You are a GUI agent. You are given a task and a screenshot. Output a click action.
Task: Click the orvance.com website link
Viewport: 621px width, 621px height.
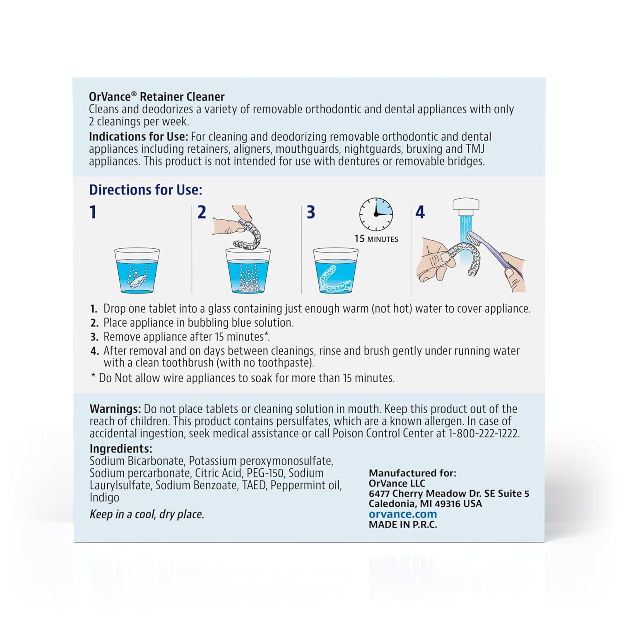point(402,514)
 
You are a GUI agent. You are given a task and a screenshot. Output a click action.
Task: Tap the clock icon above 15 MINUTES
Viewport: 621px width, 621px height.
point(376,214)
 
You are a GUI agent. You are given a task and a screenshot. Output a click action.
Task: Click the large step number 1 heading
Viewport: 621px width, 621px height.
point(93,212)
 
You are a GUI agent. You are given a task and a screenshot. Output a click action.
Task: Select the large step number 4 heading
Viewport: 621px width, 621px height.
point(420,212)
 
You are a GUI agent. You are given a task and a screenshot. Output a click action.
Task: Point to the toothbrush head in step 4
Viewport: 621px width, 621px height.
point(473,239)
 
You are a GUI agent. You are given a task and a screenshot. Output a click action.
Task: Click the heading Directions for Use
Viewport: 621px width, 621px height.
point(146,190)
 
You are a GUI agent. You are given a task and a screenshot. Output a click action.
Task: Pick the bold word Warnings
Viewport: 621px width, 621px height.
point(115,409)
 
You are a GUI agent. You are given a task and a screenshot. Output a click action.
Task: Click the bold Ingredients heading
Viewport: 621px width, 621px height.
point(120,449)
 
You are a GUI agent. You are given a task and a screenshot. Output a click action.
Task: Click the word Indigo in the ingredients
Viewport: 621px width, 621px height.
point(104,498)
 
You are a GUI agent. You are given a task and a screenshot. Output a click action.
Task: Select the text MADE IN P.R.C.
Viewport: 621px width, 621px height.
point(403,525)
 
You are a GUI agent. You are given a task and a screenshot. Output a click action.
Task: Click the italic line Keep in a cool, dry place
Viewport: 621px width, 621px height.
point(147,515)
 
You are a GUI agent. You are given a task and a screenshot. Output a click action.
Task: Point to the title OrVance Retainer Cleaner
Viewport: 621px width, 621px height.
point(156,97)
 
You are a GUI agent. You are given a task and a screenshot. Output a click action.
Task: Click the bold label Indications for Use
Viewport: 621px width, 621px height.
point(138,137)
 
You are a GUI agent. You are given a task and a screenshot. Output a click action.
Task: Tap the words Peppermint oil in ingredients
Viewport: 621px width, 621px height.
point(306,485)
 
